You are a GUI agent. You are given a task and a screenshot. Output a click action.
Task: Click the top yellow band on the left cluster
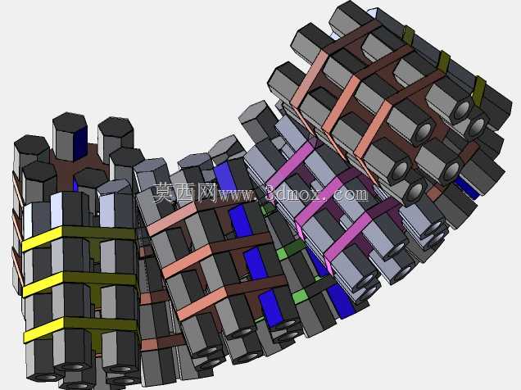43,239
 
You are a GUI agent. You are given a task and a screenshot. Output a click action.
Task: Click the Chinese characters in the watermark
185,193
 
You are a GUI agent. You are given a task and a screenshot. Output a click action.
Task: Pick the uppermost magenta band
290,164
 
